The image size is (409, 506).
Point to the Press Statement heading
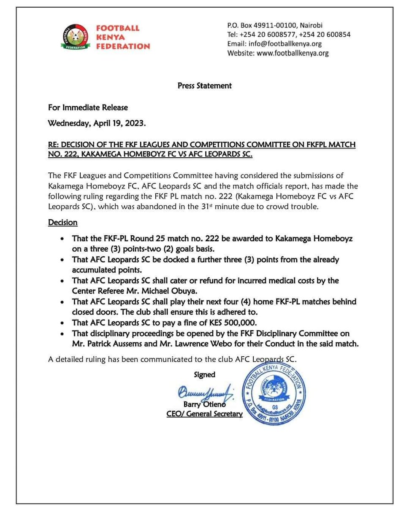point(204,86)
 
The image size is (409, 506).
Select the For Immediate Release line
point(88,108)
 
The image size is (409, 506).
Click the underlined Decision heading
point(63,222)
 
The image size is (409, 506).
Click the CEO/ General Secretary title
point(204,414)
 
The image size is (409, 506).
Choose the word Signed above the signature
point(204,374)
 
